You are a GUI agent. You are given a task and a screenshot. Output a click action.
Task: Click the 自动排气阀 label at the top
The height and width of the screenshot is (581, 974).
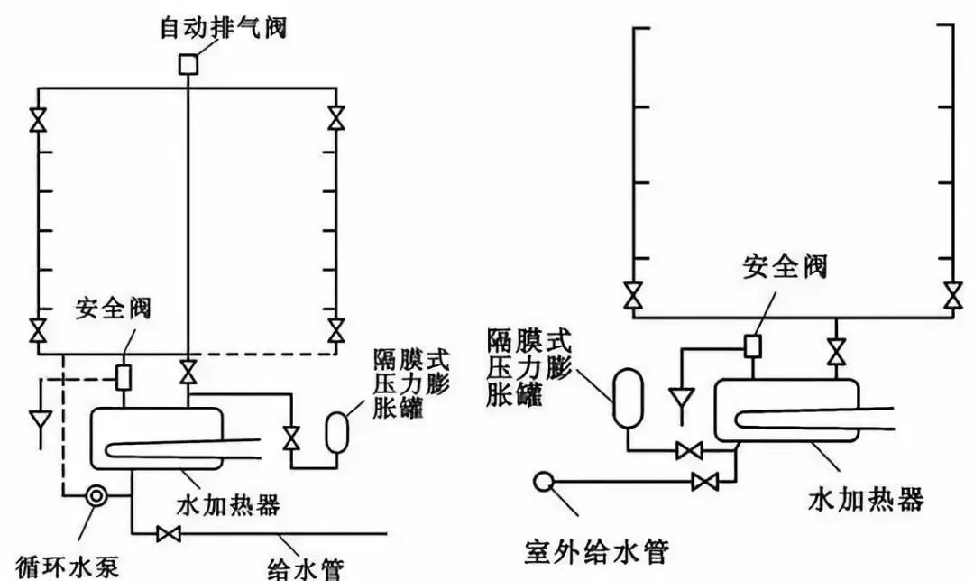click(223, 28)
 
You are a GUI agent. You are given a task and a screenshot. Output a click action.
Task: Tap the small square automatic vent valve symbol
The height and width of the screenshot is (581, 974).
click(188, 64)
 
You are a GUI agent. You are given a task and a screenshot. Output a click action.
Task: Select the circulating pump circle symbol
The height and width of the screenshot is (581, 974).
click(95, 495)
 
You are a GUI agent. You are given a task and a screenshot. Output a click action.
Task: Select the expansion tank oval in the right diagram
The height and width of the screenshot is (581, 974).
click(624, 397)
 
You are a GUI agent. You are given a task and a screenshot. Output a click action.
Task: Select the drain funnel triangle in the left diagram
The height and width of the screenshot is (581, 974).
click(40, 420)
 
